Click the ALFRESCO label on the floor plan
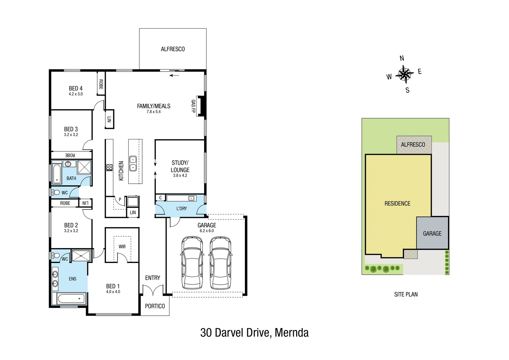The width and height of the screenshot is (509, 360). tap(173, 49)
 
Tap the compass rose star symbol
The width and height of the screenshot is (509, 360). tap(404, 74)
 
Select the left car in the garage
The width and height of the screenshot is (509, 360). tap(192, 263)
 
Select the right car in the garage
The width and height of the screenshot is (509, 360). tap(221, 263)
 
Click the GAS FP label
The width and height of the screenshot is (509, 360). tap(193, 106)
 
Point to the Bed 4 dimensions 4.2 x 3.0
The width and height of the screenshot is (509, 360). tap(76, 94)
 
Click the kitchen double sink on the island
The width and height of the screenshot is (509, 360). tap(133, 163)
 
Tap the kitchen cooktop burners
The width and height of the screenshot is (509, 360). tap(109, 167)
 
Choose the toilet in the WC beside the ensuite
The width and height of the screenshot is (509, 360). tap(56, 256)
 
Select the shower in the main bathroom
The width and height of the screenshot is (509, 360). tap(84, 167)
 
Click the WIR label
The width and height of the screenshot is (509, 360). tap(122, 247)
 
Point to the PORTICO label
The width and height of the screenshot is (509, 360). tap(155, 306)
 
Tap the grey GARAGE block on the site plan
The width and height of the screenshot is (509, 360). tap(432, 233)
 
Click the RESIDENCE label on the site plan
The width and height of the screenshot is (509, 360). tap(397, 203)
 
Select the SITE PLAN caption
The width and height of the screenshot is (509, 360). tap(406, 294)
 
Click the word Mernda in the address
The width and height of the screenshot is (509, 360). tap(292, 333)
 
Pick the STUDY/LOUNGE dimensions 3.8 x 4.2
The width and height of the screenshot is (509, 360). tap(180, 175)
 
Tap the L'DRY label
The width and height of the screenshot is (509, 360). tap(182, 208)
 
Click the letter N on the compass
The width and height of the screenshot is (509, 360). tap(402, 58)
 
